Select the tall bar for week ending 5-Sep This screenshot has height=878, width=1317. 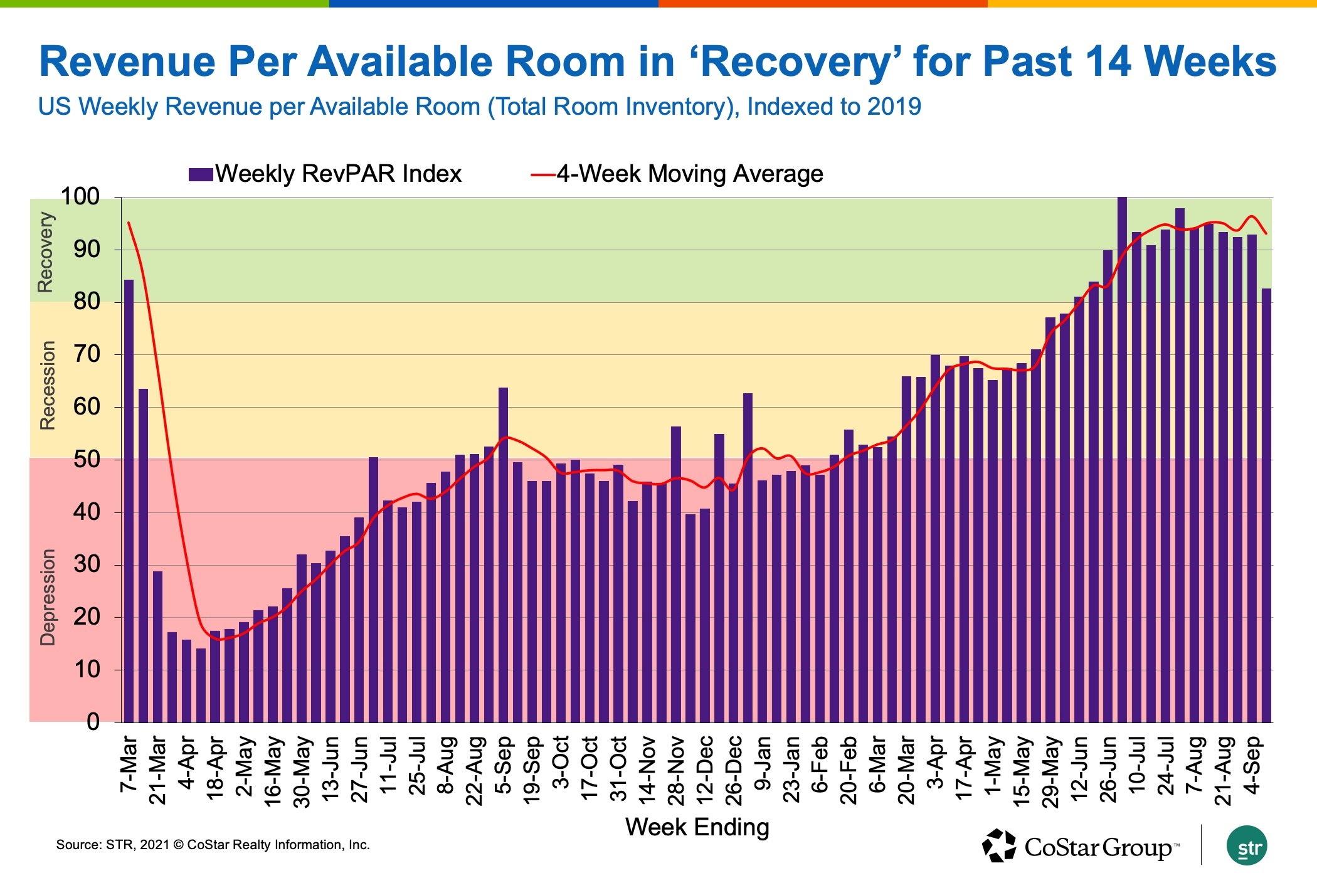pyautogui.click(x=503, y=554)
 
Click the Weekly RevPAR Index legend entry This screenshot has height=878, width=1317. pyautogui.click(x=325, y=174)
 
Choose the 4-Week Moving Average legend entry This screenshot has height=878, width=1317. pyautogui.click(x=677, y=174)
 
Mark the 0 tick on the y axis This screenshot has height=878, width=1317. pyautogui.click(x=93, y=722)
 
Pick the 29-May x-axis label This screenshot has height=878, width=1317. pyautogui.click(x=1050, y=771)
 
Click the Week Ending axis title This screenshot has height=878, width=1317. pyautogui.click(x=697, y=827)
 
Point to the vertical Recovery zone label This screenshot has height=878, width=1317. pyautogui.click(x=46, y=252)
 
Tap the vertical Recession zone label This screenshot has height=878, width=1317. pyautogui.click(x=47, y=385)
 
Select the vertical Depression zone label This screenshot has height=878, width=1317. pyautogui.click(x=47, y=597)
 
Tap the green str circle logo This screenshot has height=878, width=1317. pyautogui.click(x=1247, y=846)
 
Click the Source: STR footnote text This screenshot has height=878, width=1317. pyautogui.click(x=213, y=845)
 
